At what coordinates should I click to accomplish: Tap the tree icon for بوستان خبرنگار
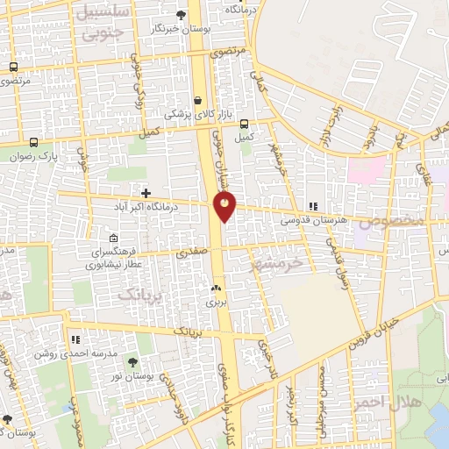point(181,14)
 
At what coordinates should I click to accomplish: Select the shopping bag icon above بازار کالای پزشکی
point(199,99)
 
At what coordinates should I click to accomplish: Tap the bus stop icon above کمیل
point(245,124)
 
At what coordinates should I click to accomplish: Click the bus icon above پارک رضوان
point(34,142)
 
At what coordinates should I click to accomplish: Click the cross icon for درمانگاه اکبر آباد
point(146,192)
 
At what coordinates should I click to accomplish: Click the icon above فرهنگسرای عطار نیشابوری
point(113,238)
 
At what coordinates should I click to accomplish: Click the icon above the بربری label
point(216,287)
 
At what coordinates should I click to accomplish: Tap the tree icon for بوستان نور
point(132,362)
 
